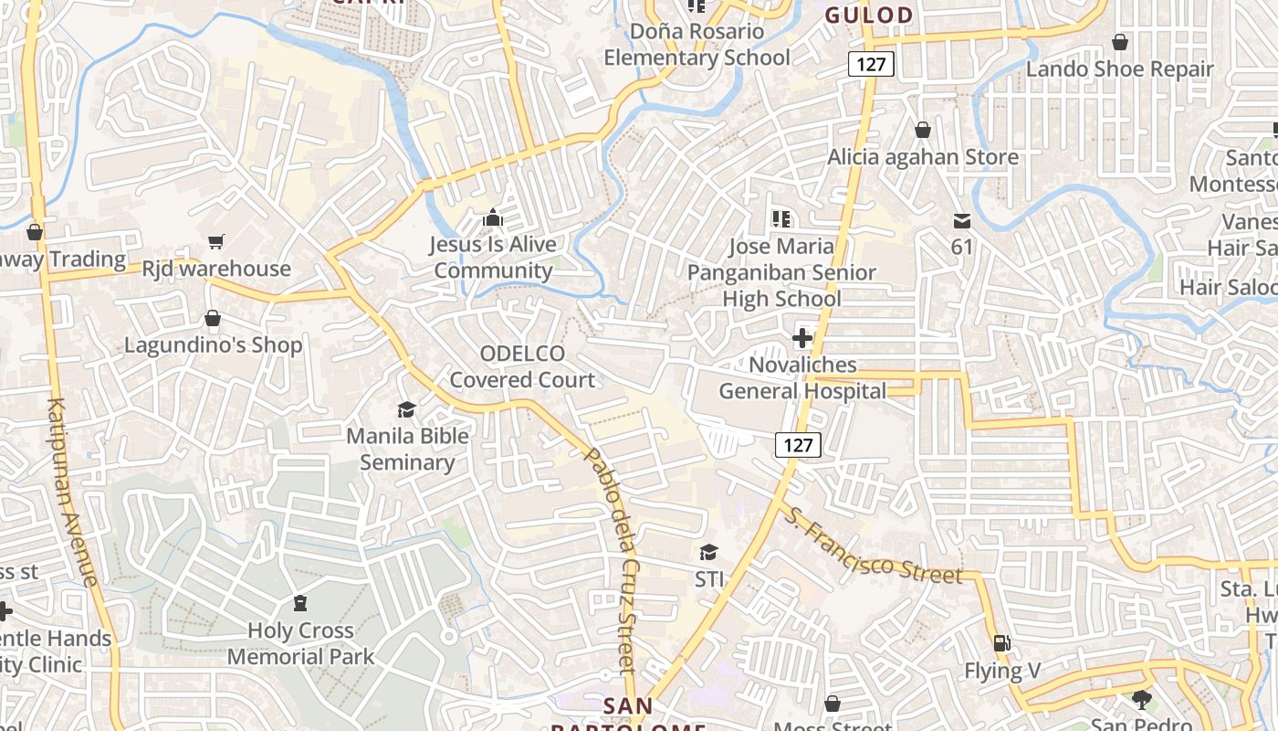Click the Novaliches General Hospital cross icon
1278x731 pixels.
pyautogui.click(x=801, y=338)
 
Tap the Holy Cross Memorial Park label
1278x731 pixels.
pyautogui.click(x=300, y=643)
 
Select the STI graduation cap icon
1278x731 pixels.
pyautogui.click(x=708, y=552)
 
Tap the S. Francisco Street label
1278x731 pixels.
pyautogui.click(x=872, y=546)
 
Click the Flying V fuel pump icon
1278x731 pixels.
pyautogui.click(x=1001, y=643)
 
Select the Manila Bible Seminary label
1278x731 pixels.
pyautogui.click(x=407, y=449)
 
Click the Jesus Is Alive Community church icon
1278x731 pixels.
pyautogui.click(x=493, y=217)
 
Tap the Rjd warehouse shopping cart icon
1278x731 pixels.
pyautogui.click(x=216, y=242)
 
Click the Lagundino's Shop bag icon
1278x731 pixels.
pyautogui.click(x=213, y=318)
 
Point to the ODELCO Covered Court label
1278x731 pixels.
pyautogui.click(x=522, y=366)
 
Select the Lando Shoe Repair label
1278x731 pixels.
pyautogui.click(x=1119, y=69)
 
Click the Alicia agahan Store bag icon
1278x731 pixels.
pyautogui.click(x=923, y=130)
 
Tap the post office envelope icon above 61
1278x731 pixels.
pyautogui.click(x=962, y=220)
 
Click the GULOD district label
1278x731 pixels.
pyautogui.click(x=869, y=15)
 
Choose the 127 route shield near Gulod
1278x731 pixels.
pyautogui.click(x=871, y=64)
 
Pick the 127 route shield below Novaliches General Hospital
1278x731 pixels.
pyautogui.click(x=798, y=445)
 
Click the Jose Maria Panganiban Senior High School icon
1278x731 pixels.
pyautogui.click(x=780, y=218)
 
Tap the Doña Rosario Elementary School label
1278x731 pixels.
pyautogui.click(x=697, y=44)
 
